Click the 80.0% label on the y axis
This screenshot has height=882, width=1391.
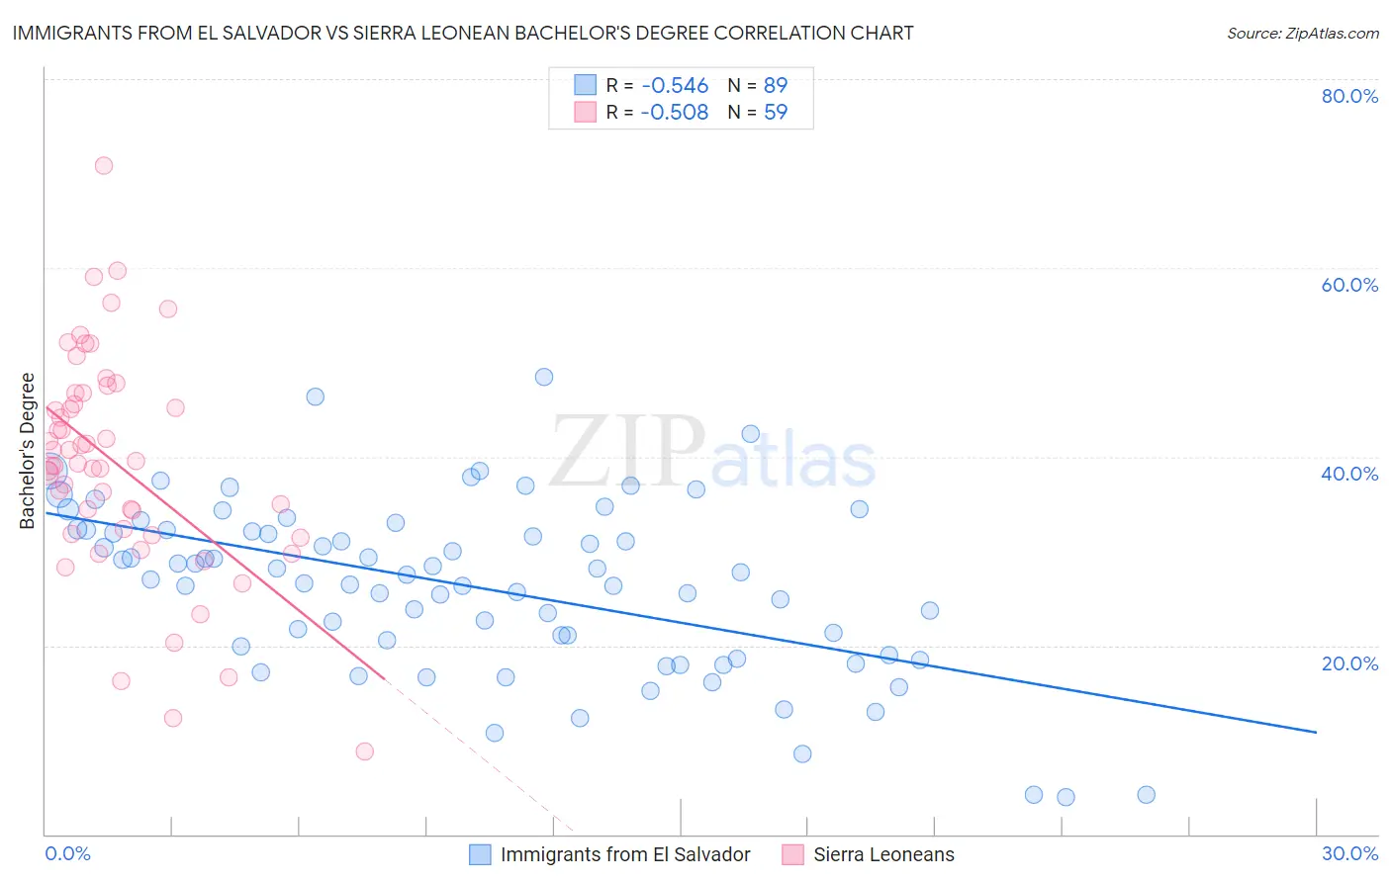(1349, 96)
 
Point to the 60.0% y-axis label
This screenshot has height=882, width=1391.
(1349, 285)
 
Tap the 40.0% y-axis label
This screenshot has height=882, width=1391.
(1349, 474)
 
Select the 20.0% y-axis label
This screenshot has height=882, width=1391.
(1349, 662)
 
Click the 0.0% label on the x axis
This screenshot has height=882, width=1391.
(68, 853)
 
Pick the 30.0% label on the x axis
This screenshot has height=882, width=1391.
(1349, 853)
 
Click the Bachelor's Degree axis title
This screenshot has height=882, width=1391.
(28, 451)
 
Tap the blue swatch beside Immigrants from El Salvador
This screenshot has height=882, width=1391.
(481, 854)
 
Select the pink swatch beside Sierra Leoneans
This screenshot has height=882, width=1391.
(792, 854)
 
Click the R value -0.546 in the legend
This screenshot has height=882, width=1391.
(675, 86)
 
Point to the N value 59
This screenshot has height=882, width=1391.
(776, 113)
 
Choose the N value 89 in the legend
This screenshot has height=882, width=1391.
(776, 86)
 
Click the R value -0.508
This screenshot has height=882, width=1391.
(675, 113)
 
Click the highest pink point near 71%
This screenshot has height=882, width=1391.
(104, 165)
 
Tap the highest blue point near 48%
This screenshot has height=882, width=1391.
(544, 377)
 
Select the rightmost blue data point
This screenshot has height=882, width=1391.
(1147, 795)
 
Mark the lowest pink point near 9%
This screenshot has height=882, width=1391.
(365, 751)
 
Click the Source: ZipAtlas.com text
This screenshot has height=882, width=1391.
(1303, 34)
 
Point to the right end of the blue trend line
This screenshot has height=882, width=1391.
(1316, 733)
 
